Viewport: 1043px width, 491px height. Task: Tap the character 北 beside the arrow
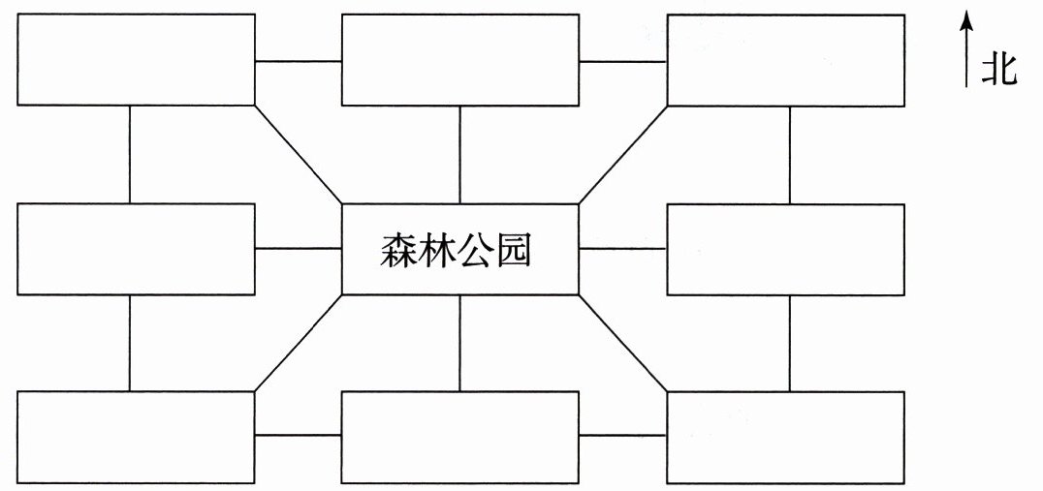[x=998, y=71]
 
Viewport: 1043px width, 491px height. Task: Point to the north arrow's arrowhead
[x=966, y=18]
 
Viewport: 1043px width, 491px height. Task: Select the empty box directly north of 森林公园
[x=460, y=60]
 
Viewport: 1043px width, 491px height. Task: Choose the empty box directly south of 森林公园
[x=460, y=437]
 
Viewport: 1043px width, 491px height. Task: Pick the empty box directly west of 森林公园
[x=137, y=249]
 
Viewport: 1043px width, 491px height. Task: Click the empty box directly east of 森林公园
[x=785, y=249]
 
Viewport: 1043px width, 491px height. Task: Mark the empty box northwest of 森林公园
[x=137, y=60]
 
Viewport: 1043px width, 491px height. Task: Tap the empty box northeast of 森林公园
[x=785, y=60]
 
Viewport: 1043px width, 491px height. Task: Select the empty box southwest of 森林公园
[x=137, y=437]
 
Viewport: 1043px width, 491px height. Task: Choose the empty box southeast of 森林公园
[x=785, y=437]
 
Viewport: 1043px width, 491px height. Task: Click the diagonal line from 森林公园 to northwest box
[x=299, y=155]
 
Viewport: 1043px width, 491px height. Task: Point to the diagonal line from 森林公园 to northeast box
[x=622, y=155]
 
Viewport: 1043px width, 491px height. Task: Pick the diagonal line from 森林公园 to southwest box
[x=299, y=343]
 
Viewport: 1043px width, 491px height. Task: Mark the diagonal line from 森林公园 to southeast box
[x=622, y=343]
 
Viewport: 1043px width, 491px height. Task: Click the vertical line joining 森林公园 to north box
[x=460, y=155]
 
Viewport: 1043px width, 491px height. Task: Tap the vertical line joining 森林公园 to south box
[x=460, y=343]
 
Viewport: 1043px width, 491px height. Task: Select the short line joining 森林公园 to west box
[x=299, y=249]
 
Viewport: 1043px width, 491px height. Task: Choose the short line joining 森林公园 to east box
[x=622, y=249]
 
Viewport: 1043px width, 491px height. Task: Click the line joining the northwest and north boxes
[x=299, y=61]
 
